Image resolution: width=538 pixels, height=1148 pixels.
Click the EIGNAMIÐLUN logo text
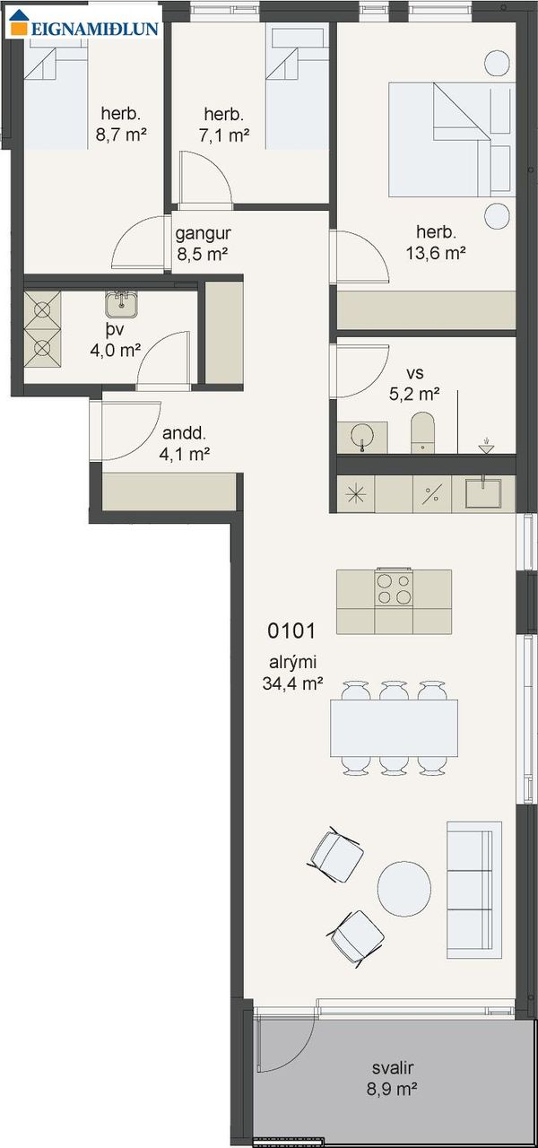pyautogui.click(x=95, y=29)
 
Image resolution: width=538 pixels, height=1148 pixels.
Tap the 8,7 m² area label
pyautogui.click(x=121, y=135)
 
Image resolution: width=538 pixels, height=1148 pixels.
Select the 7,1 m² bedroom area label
pyautogui.click(x=224, y=135)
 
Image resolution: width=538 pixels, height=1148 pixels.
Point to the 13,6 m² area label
pyautogui.click(x=436, y=253)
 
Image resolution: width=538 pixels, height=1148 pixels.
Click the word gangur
pyautogui.click(x=203, y=234)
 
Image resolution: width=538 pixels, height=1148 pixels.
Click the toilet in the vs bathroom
pyautogui.click(x=422, y=432)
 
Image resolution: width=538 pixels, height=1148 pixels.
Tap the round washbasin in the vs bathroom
pyautogui.click(x=362, y=436)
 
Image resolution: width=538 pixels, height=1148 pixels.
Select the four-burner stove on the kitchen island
pyautogui.click(x=394, y=587)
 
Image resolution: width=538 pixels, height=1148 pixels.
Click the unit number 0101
pyautogui.click(x=291, y=631)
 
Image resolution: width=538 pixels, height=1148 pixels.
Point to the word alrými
pyautogui.click(x=292, y=662)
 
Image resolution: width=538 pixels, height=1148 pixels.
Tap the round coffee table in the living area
pyautogui.click(x=404, y=889)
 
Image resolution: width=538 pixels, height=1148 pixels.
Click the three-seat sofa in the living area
pyautogui.click(x=474, y=891)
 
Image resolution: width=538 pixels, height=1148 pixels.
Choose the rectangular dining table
pyautogui.click(x=394, y=727)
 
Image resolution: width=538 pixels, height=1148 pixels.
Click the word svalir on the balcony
pyautogui.click(x=393, y=1067)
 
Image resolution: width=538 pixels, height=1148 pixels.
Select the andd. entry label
pyautogui.click(x=184, y=433)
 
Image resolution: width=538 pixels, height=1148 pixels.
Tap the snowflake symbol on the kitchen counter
pyautogui.click(x=356, y=493)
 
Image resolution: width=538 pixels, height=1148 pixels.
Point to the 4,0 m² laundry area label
pyautogui.click(x=116, y=351)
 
